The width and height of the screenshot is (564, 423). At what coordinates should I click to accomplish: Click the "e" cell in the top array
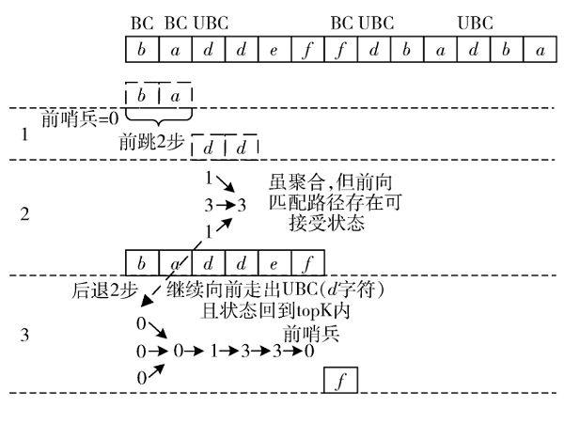(x=274, y=48)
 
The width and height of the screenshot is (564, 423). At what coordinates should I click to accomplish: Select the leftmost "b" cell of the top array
(x=141, y=48)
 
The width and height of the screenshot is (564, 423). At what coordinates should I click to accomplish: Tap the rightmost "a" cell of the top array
(x=539, y=48)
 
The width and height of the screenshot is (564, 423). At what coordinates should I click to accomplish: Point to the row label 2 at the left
(x=25, y=214)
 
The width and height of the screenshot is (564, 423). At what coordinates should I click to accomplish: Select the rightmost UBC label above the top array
(x=475, y=22)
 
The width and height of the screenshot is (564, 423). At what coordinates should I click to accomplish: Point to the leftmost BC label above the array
(x=142, y=22)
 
